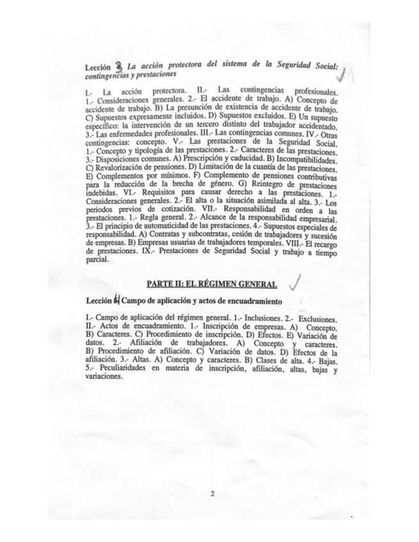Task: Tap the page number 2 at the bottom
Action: [x=212, y=494]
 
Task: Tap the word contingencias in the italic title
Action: [x=106, y=75]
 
